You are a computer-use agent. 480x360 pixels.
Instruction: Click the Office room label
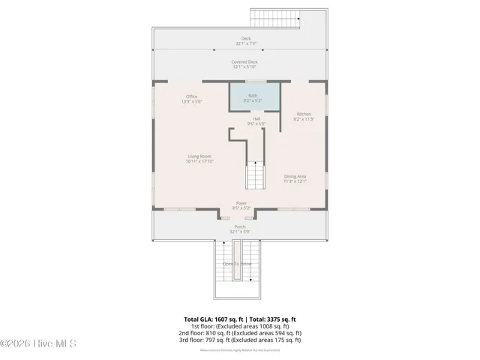coord(193,97)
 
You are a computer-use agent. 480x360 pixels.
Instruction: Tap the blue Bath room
coord(255,98)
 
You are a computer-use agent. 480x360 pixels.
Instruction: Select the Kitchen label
coord(304,114)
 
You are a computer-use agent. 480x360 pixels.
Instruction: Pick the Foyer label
coord(241,202)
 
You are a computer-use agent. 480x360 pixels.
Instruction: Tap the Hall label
coord(256,119)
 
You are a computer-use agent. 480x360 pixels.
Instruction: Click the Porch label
coord(240,226)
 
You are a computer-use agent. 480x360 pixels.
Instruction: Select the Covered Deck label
coord(244,62)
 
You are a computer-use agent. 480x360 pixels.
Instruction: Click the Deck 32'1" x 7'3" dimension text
coord(241,43)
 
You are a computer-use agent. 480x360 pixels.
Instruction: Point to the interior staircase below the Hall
coord(256,177)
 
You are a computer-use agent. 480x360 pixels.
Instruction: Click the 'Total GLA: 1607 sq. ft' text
coord(214,319)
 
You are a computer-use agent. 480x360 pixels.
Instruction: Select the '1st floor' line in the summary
coord(241,326)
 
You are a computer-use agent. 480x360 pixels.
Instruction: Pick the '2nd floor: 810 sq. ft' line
coord(241,333)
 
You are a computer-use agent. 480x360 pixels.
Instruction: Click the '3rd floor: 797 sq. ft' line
coord(241,340)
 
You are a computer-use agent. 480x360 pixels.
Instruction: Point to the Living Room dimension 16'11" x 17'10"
coord(200,161)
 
